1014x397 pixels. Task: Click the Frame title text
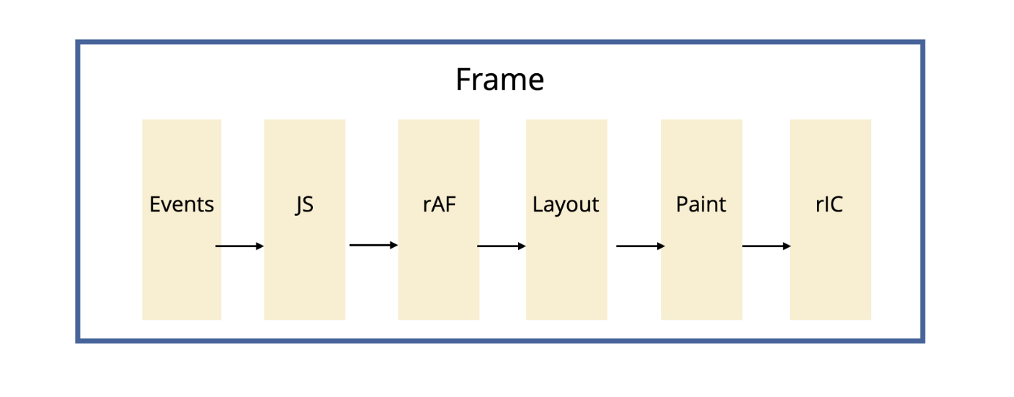tap(499, 79)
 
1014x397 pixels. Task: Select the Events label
tap(182, 205)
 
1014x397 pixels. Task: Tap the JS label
tap(304, 205)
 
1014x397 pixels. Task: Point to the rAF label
tap(438, 205)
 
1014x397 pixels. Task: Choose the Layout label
tap(566, 205)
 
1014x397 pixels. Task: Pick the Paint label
tap(700, 205)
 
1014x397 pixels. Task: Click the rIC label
tap(829, 205)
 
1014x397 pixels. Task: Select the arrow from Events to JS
tap(240, 246)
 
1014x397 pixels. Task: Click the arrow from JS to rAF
tap(374, 245)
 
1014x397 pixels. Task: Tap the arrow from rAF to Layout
tap(501, 246)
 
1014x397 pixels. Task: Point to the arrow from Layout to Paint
tap(640, 246)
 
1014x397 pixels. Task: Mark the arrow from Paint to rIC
tap(766, 246)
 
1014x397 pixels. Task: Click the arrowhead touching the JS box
tap(260, 246)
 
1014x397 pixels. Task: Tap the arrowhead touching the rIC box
tap(787, 246)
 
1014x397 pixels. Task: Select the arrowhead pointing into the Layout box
tap(521, 246)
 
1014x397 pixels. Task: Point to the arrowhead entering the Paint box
tap(661, 246)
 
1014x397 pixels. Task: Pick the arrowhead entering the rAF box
tap(394, 245)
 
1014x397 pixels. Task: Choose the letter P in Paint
tap(681, 205)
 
